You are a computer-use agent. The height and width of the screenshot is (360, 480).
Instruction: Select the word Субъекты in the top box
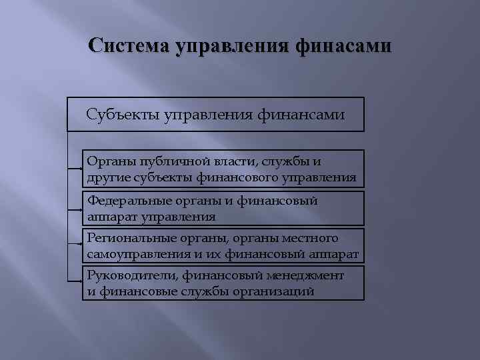120,115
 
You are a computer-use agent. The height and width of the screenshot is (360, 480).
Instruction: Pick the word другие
105,178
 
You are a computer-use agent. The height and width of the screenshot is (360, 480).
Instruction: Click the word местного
314,238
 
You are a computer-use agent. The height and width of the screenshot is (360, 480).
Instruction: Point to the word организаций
275,292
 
